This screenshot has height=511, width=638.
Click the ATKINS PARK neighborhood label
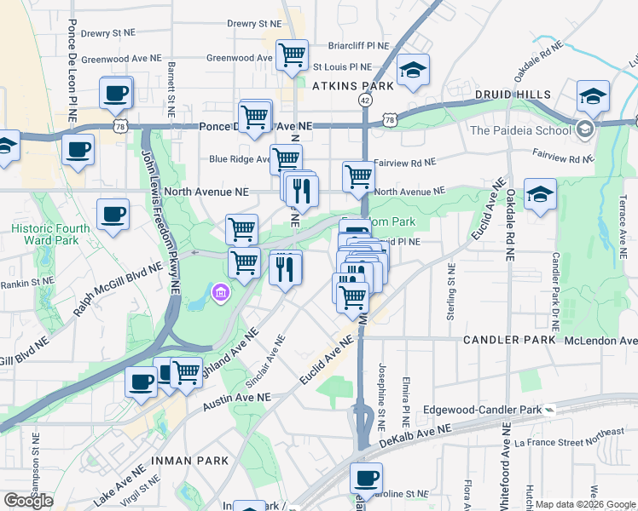click(x=352, y=86)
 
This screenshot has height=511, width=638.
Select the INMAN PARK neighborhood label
click(x=189, y=460)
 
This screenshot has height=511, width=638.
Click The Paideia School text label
click(x=520, y=130)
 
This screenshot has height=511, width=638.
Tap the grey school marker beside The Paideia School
click(x=584, y=129)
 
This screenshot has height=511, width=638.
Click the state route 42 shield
click(x=365, y=100)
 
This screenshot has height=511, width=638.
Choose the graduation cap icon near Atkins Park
click(x=414, y=71)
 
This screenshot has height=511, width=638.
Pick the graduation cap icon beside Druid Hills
click(x=593, y=96)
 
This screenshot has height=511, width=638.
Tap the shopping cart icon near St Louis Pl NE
click(x=293, y=55)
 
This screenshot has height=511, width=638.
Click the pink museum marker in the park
click(x=221, y=293)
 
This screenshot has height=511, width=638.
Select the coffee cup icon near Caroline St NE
click(x=366, y=479)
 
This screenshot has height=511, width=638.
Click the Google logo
click(x=28, y=501)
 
